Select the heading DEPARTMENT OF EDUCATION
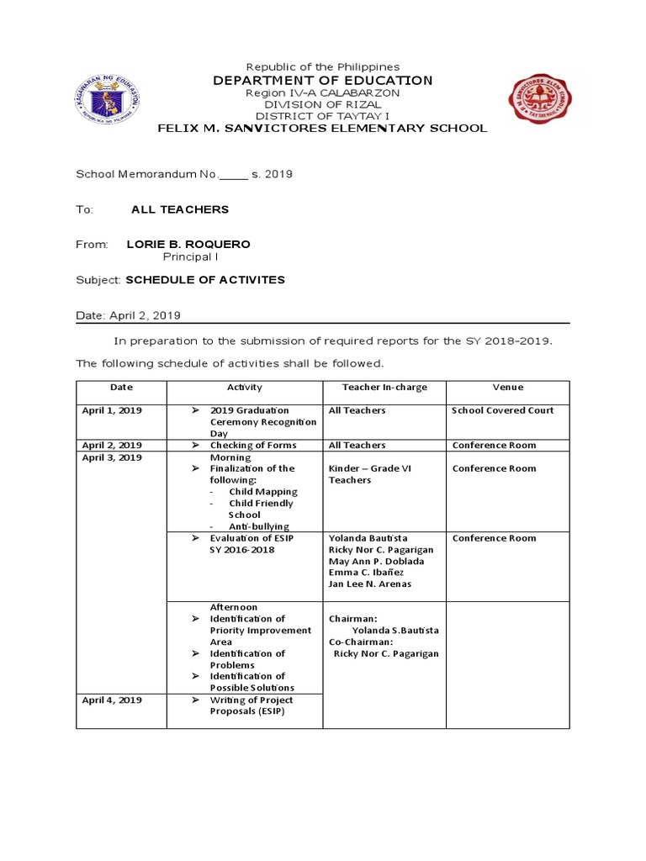point(322,81)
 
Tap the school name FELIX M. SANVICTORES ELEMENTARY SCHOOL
point(322,129)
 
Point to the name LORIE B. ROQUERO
point(188,245)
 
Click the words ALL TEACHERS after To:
point(180,209)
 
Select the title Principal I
point(190,256)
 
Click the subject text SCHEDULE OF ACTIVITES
point(205,280)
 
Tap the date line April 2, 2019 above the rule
point(128,315)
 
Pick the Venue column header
point(507,388)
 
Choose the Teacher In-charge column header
point(384,388)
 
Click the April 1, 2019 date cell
point(112,410)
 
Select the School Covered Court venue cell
point(503,410)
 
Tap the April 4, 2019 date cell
point(112,700)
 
